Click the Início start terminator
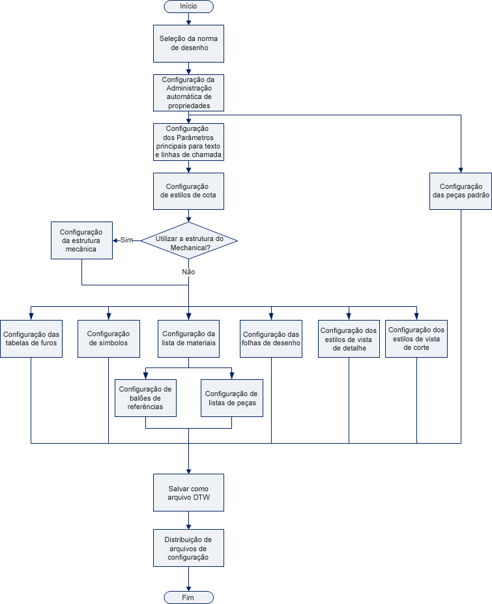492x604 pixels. [x=188, y=6]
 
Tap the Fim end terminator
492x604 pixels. [x=188, y=597]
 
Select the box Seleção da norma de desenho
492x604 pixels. [x=188, y=43]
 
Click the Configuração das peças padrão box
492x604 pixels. [x=461, y=191]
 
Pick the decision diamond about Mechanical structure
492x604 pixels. [x=189, y=240]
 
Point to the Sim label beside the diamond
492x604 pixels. [x=126, y=240]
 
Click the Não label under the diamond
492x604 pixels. [x=188, y=271]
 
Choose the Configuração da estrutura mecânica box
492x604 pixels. [x=81, y=240]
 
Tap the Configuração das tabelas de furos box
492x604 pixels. [x=31, y=338]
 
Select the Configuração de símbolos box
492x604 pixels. [x=108, y=338]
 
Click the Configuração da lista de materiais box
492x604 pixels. [x=189, y=338]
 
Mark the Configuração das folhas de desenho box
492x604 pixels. [x=271, y=338]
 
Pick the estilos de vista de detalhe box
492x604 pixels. [x=349, y=339]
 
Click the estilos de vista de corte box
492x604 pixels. [x=416, y=339]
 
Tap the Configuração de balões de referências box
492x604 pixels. [x=145, y=398]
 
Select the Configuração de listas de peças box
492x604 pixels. [x=231, y=398]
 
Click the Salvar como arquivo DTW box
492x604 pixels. [x=188, y=493]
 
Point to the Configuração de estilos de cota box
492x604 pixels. [x=188, y=191]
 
